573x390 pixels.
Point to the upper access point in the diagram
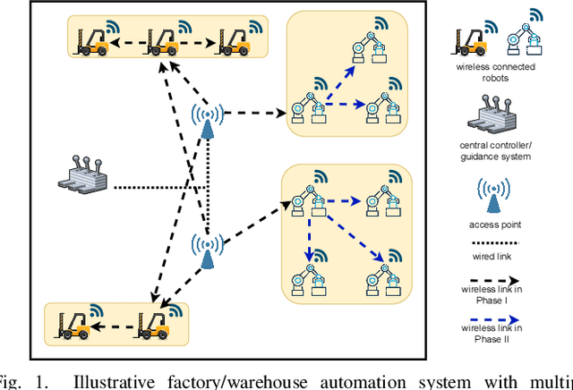pos(208,121)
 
